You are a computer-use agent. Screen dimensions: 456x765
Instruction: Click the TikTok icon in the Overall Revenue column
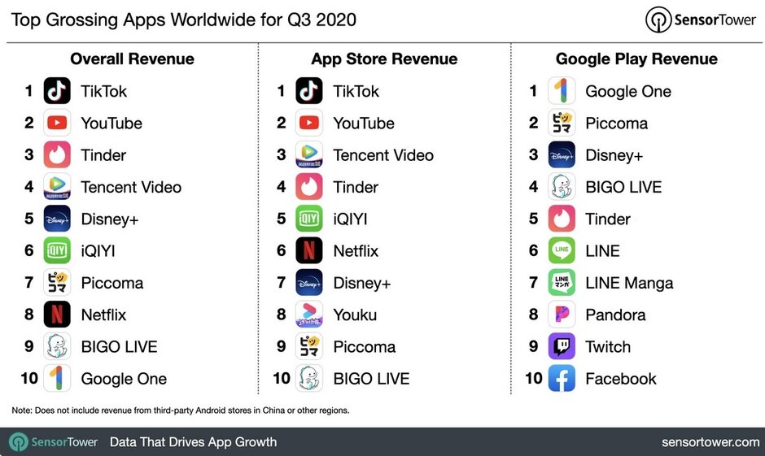click(57, 91)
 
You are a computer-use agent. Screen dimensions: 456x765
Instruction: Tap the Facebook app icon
click(562, 379)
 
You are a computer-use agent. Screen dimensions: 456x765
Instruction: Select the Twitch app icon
click(562, 347)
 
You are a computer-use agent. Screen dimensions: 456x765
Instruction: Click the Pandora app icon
click(562, 315)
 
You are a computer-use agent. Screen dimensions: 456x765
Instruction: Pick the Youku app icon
click(309, 315)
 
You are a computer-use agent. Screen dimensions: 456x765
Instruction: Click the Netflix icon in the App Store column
click(309, 251)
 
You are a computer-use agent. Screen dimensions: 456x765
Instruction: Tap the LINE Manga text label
click(629, 283)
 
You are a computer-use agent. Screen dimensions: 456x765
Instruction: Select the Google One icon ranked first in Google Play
click(562, 91)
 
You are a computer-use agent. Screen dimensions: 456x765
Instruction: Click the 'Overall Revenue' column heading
click(132, 59)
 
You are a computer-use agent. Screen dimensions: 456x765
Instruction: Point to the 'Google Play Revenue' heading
click(636, 59)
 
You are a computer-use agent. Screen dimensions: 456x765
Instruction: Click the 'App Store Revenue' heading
click(384, 59)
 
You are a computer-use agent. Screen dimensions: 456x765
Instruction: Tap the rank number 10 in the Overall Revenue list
click(29, 379)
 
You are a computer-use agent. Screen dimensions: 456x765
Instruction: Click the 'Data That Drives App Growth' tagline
click(193, 442)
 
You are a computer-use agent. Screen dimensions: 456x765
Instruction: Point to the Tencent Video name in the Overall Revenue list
click(131, 187)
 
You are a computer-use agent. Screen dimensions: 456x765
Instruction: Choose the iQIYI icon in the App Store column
click(309, 219)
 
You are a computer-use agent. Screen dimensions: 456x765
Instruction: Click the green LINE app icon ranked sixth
click(562, 251)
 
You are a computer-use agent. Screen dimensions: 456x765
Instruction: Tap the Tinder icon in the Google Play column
click(562, 219)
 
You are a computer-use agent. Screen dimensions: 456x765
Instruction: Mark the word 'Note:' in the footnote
click(22, 410)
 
